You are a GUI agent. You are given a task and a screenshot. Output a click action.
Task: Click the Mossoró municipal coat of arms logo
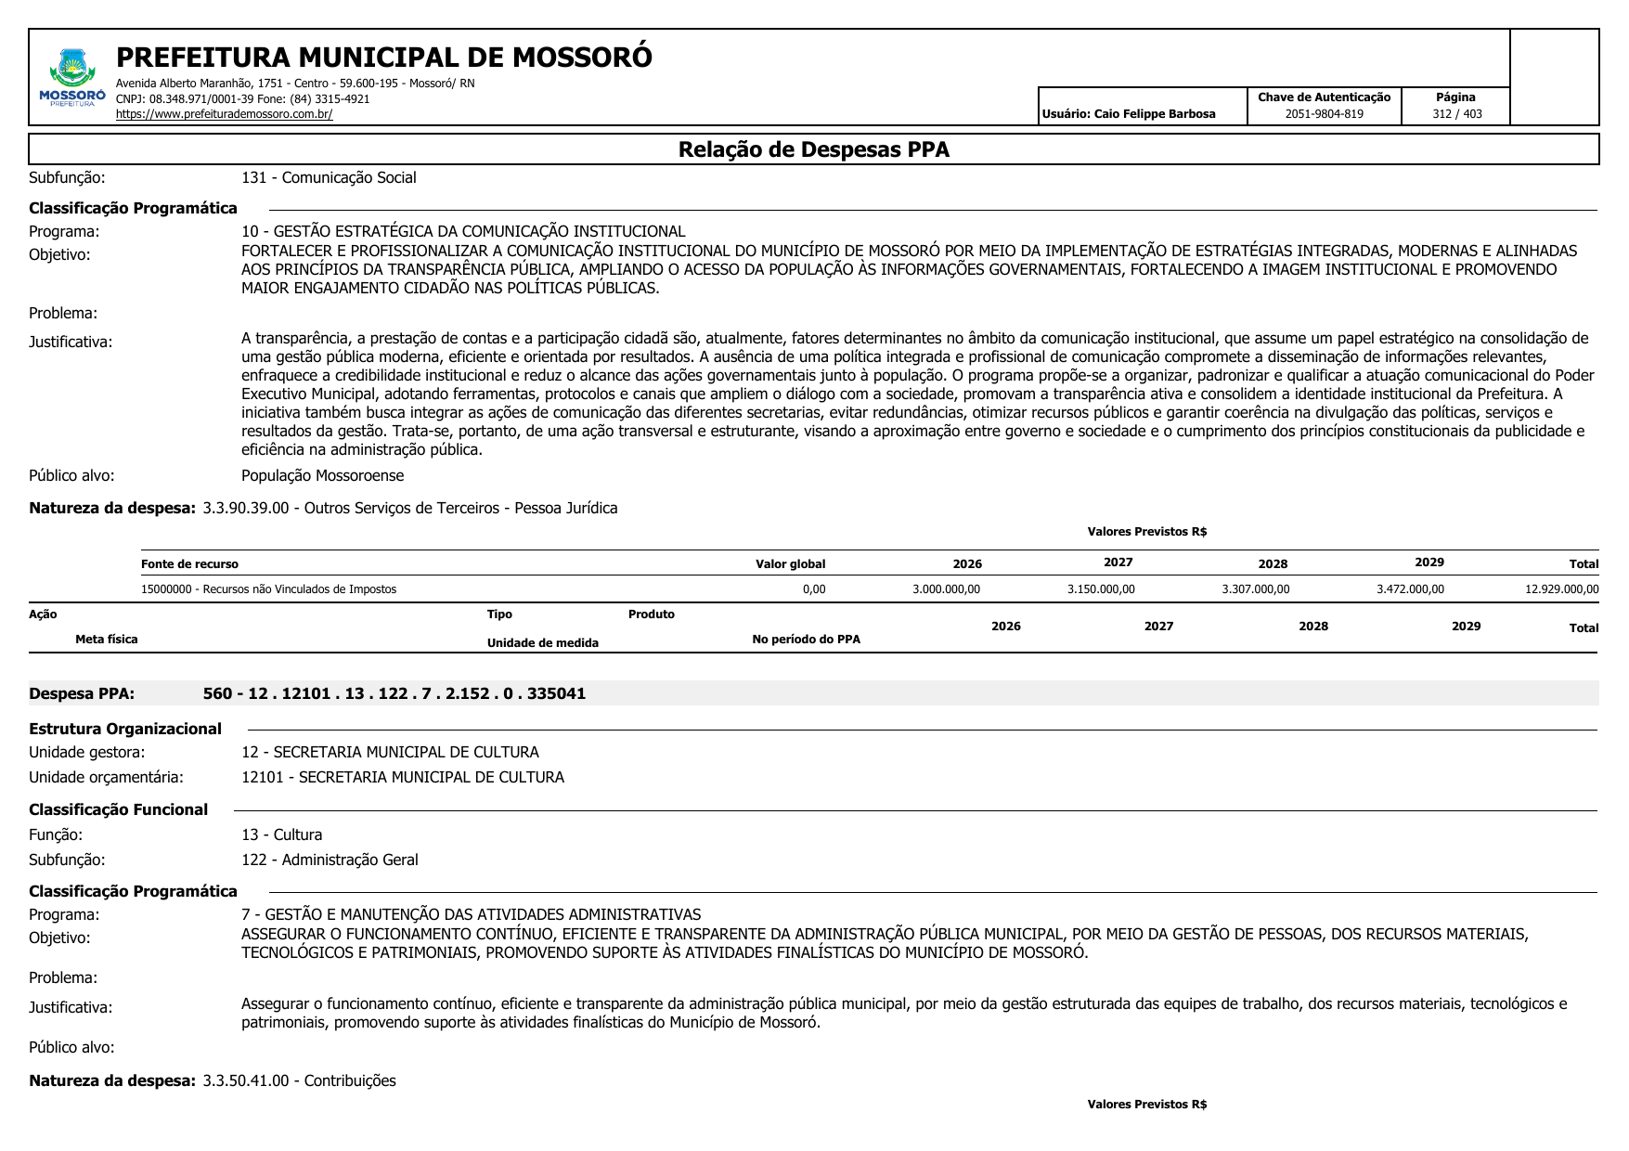click(x=72, y=74)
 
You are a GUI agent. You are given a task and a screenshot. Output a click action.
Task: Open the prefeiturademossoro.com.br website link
click(x=224, y=114)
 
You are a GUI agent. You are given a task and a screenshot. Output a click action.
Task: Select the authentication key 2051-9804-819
click(x=1324, y=114)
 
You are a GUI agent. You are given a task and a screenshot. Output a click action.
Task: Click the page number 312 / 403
click(x=1456, y=114)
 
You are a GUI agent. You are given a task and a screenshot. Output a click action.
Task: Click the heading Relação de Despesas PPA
click(x=813, y=149)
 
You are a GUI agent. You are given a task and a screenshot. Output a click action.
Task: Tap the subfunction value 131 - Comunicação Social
click(x=329, y=177)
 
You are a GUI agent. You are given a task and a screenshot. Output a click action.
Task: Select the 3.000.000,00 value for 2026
click(x=946, y=589)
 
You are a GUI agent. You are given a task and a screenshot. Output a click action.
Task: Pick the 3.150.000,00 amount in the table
click(x=1101, y=589)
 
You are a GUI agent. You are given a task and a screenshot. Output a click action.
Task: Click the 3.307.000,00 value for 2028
click(x=1255, y=589)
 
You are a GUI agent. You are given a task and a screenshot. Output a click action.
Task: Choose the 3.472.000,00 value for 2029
click(x=1410, y=589)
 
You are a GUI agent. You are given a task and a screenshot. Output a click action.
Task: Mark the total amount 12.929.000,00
click(x=1561, y=589)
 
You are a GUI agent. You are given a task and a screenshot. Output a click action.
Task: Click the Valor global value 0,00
click(x=813, y=589)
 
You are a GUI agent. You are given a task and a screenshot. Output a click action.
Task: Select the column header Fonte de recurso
click(x=189, y=564)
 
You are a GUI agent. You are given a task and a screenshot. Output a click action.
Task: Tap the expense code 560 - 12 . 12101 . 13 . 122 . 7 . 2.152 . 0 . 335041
click(x=394, y=693)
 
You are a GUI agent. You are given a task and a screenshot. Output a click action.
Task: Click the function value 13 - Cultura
click(x=281, y=834)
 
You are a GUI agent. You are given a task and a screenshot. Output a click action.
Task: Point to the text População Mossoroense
click(x=322, y=475)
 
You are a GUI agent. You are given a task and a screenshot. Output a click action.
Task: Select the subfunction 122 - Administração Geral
click(x=330, y=860)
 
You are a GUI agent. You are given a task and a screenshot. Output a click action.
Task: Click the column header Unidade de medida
click(x=542, y=643)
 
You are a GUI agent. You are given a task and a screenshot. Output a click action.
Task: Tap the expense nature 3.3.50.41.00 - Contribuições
click(x=299, y=1080)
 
